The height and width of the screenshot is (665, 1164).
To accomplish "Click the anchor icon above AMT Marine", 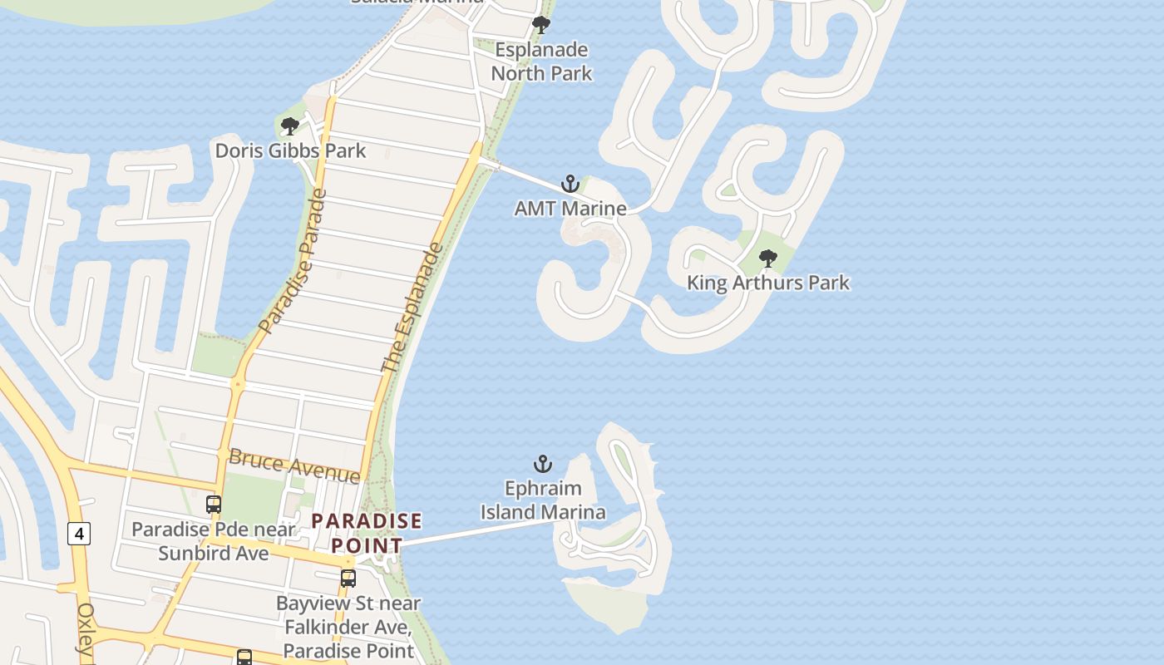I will [x=570, y=184].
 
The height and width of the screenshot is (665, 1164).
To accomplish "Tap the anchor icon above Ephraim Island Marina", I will [x=543, y=464].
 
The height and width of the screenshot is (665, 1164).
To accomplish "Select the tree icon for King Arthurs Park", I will [x=768, y=259].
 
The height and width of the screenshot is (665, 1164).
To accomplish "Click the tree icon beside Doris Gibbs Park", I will [x=289, y=126].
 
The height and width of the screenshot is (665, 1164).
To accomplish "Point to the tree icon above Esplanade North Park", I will [x=541, y=25].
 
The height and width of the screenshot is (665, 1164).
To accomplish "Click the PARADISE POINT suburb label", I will [x=367, y=533].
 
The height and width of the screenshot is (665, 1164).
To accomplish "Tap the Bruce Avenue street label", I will [x=294, y=465].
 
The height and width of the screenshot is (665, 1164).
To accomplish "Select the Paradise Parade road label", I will [x=293, y=262].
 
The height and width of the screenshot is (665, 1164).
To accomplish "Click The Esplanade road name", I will [x=412, y=308].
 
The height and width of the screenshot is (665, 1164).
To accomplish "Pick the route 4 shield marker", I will [x=79, y=534].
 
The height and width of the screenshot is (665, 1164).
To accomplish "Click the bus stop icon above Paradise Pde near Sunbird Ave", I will [x=214, y=504].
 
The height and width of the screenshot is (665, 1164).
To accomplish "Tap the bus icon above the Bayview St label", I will [x=348, y=578].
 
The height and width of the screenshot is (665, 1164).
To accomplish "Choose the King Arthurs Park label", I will [x=768, y=283].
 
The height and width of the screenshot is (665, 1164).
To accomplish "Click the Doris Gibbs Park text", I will [x=290, y=150].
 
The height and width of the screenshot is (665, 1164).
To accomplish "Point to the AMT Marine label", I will [x=570, y=208].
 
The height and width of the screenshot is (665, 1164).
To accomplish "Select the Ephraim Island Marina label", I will [x=543, y=500].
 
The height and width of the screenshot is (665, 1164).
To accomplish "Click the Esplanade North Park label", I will [x=541, y=62].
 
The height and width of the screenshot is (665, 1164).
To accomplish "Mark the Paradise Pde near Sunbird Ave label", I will [x=214, y=541].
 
